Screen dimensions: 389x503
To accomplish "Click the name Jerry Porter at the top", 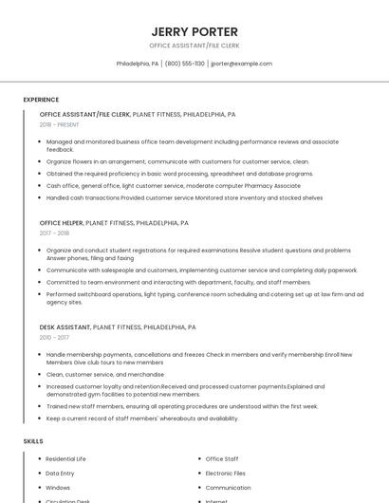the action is [194, 31].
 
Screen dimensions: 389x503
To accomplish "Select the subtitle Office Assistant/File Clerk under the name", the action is [194, 46].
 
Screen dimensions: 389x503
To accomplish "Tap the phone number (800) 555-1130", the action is [184, 64].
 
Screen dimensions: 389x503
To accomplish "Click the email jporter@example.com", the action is [241, 64].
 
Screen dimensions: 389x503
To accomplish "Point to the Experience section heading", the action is [41, 100].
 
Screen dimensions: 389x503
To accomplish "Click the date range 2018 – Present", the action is [59, 124].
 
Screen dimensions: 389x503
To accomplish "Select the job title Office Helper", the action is [62, 223].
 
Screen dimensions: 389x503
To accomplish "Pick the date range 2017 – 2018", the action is [54, 233].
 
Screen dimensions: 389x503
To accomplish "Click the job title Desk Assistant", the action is [65, 327].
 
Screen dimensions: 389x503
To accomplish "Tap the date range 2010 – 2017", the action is [54, 337].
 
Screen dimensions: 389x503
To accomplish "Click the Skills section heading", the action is [33, 441].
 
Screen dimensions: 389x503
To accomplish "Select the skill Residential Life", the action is [65, 458].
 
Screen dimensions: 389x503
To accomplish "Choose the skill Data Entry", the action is [60, 473].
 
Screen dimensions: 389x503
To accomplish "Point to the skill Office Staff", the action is [222, 458].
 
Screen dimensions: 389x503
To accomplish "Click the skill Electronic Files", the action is [226, 473].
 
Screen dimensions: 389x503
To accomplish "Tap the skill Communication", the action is [229, 487].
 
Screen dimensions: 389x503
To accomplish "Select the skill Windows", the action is [58, 487].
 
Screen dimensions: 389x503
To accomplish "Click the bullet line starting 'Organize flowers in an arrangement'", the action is [177, 161].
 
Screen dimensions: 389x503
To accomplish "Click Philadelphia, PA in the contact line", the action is [138, 64].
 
